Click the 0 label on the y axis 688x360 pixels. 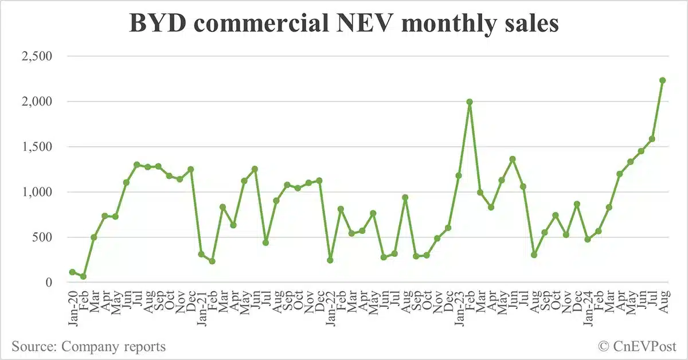coord(49,283)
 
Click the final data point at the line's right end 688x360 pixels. coord(662,80)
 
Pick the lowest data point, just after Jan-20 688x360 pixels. coord(83,276)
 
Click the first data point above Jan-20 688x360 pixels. coord(72,272)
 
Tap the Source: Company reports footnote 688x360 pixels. coord(89,346)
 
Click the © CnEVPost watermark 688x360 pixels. coord(637,346)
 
